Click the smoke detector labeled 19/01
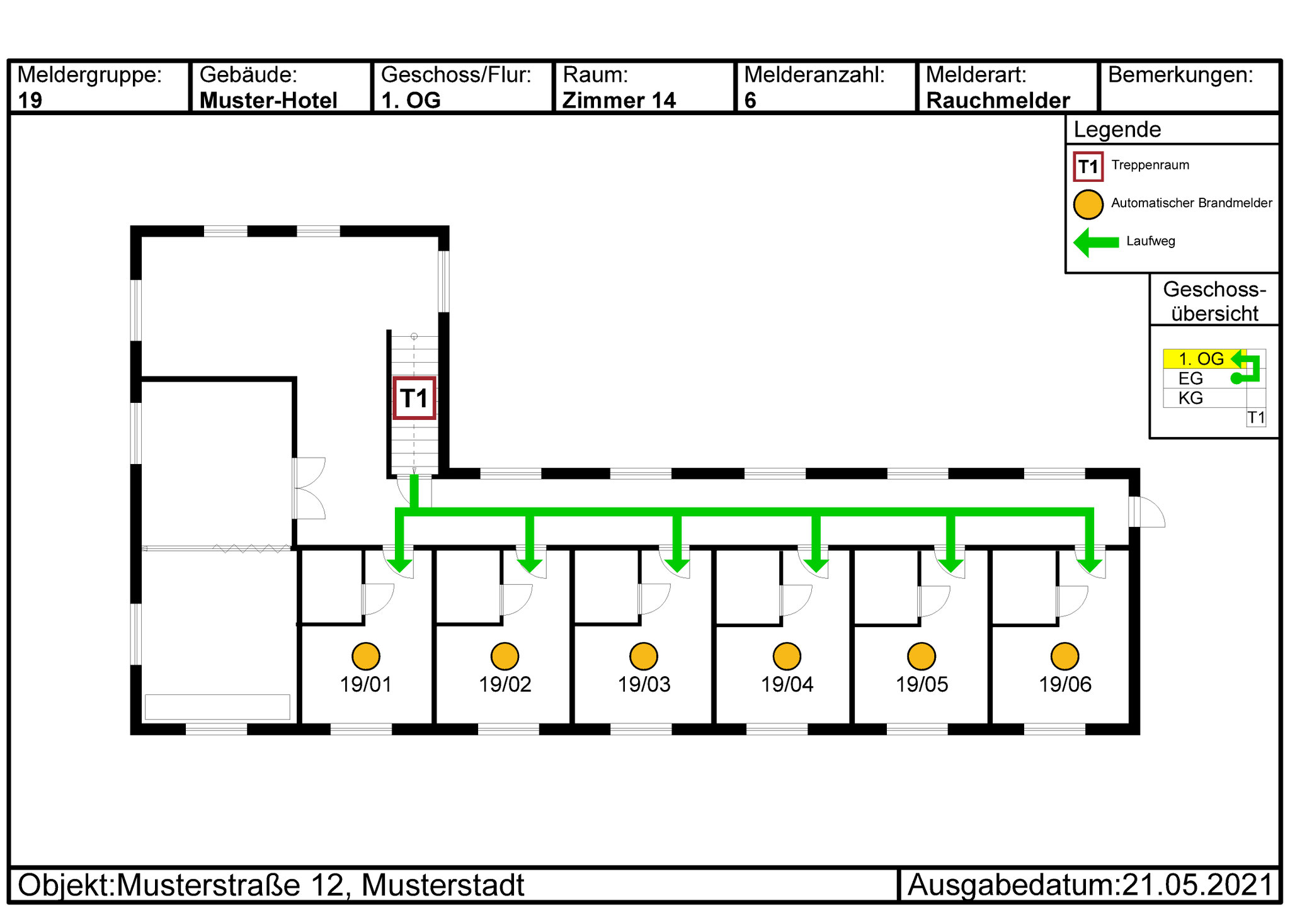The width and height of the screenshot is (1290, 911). (x=366, y=657)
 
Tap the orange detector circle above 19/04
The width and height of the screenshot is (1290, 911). (x=787, y=657)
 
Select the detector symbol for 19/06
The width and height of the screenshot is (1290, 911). (x=1065, y=657)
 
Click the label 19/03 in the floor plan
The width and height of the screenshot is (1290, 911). (x=644, y=684)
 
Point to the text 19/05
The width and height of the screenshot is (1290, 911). (x=922, y=684)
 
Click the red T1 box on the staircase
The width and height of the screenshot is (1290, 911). (x=414, y=398)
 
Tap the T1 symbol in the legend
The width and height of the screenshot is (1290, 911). (x=1088, y=167)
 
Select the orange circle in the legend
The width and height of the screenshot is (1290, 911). (x=1088, y=204)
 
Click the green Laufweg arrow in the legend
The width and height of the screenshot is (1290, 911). (x=1096, y=242)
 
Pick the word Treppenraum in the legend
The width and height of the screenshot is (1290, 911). (x=1150, y=165)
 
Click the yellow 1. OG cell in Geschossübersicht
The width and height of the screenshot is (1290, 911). (x=1204, y=359)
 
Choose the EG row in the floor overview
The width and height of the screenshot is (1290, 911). (x=1190, y=378)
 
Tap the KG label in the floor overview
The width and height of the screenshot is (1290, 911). (x=1190, y=398)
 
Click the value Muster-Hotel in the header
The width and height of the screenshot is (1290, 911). (x=268, y=100)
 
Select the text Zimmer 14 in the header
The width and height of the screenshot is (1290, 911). (x=619, y=100)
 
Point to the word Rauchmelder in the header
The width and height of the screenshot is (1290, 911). (x=998, y=100)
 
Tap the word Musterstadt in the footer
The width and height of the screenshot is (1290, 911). (x=443, y=885)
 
